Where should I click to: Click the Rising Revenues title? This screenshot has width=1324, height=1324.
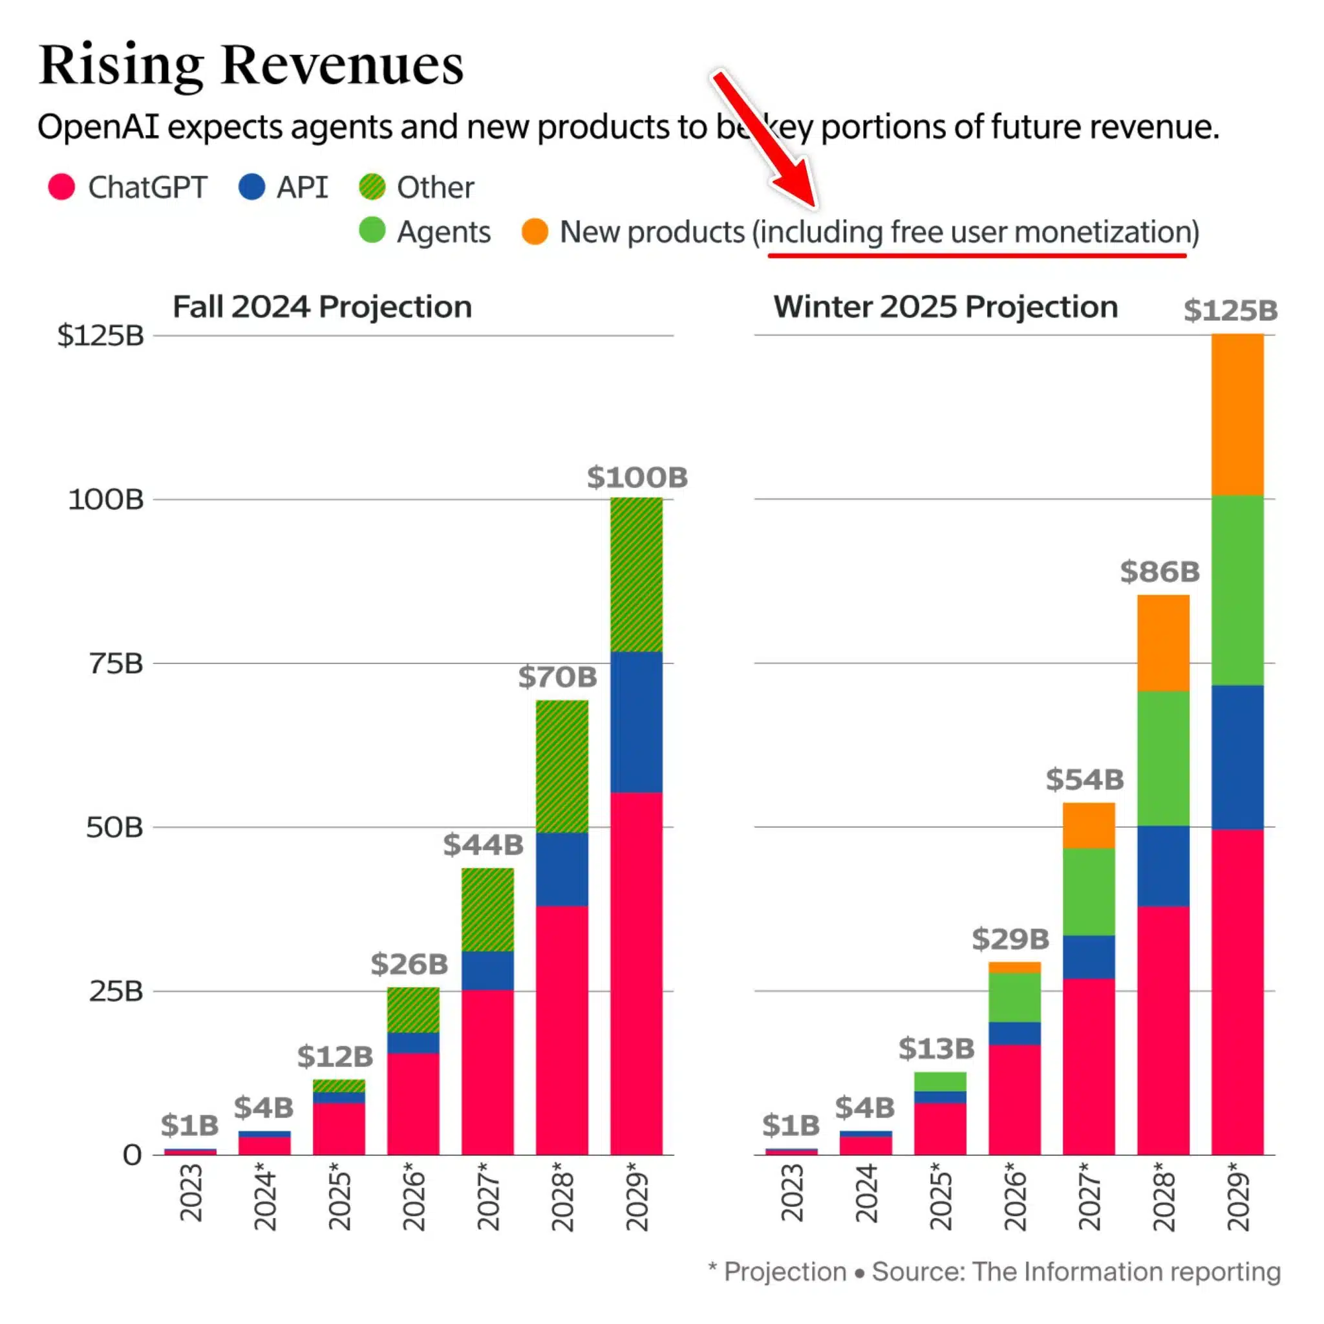pyautogui.click(x=251, y=65)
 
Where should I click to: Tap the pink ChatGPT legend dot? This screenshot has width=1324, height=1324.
pyautogui.click(x=61, y=187)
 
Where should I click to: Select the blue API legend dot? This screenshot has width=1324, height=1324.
pyautogui.click(x=251, y=187)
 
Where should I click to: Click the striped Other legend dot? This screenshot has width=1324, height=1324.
pyautogui.click(x=372, y=187)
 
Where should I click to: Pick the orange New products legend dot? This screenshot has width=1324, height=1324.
pyautogui.click(x=535, y=231)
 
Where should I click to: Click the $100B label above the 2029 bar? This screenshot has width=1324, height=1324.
pyautogui.click(x=637, y=478)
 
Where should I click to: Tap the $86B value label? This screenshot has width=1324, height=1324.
pyautogui.click(x=1160, y=571)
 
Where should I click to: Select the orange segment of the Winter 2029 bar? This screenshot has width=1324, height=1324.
pyautogui.click(x=1237, y=414)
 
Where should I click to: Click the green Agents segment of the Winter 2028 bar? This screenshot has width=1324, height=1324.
pyautogui.click(x=1163, y=758)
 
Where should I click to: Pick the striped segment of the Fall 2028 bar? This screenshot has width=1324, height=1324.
pyautogui.click(x=561, y=766)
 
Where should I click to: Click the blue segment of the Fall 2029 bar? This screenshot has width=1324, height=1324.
pyautogui.click(x=636, y=721)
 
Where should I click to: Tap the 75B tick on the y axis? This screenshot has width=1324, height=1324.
pyautogui.click(x=116, y=663)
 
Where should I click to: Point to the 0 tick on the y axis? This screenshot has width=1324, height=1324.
pyautogui.click(x=133, y=1155)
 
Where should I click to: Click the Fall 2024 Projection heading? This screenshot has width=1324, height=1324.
pyautogui.click(x=322, y=306)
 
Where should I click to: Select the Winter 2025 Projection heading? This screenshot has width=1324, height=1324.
pyautogui.click(x=946, y=306)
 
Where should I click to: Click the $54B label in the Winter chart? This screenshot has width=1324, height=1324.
pyautogui.click(x=1085, y=779)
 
